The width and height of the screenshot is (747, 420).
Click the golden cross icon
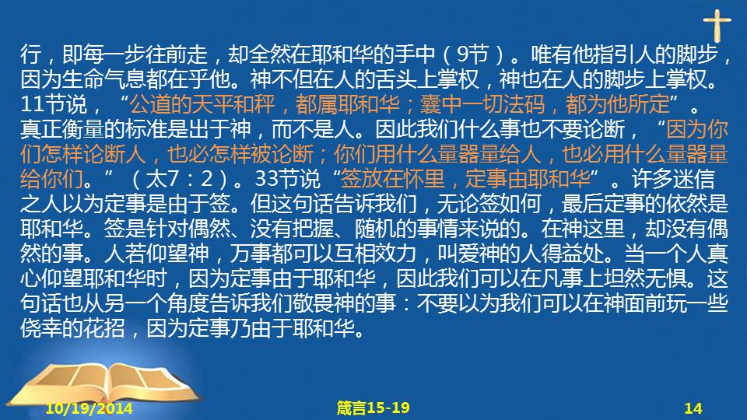point(717,25)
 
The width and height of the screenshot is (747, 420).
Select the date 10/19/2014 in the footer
point(89,408)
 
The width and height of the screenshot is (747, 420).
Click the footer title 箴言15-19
point(373,408)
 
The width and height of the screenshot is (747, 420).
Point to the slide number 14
point(693,408)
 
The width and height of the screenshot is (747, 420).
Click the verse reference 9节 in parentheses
point(472,54)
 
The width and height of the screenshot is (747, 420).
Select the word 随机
point(374,229)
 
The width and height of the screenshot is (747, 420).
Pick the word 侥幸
point(41,328)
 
